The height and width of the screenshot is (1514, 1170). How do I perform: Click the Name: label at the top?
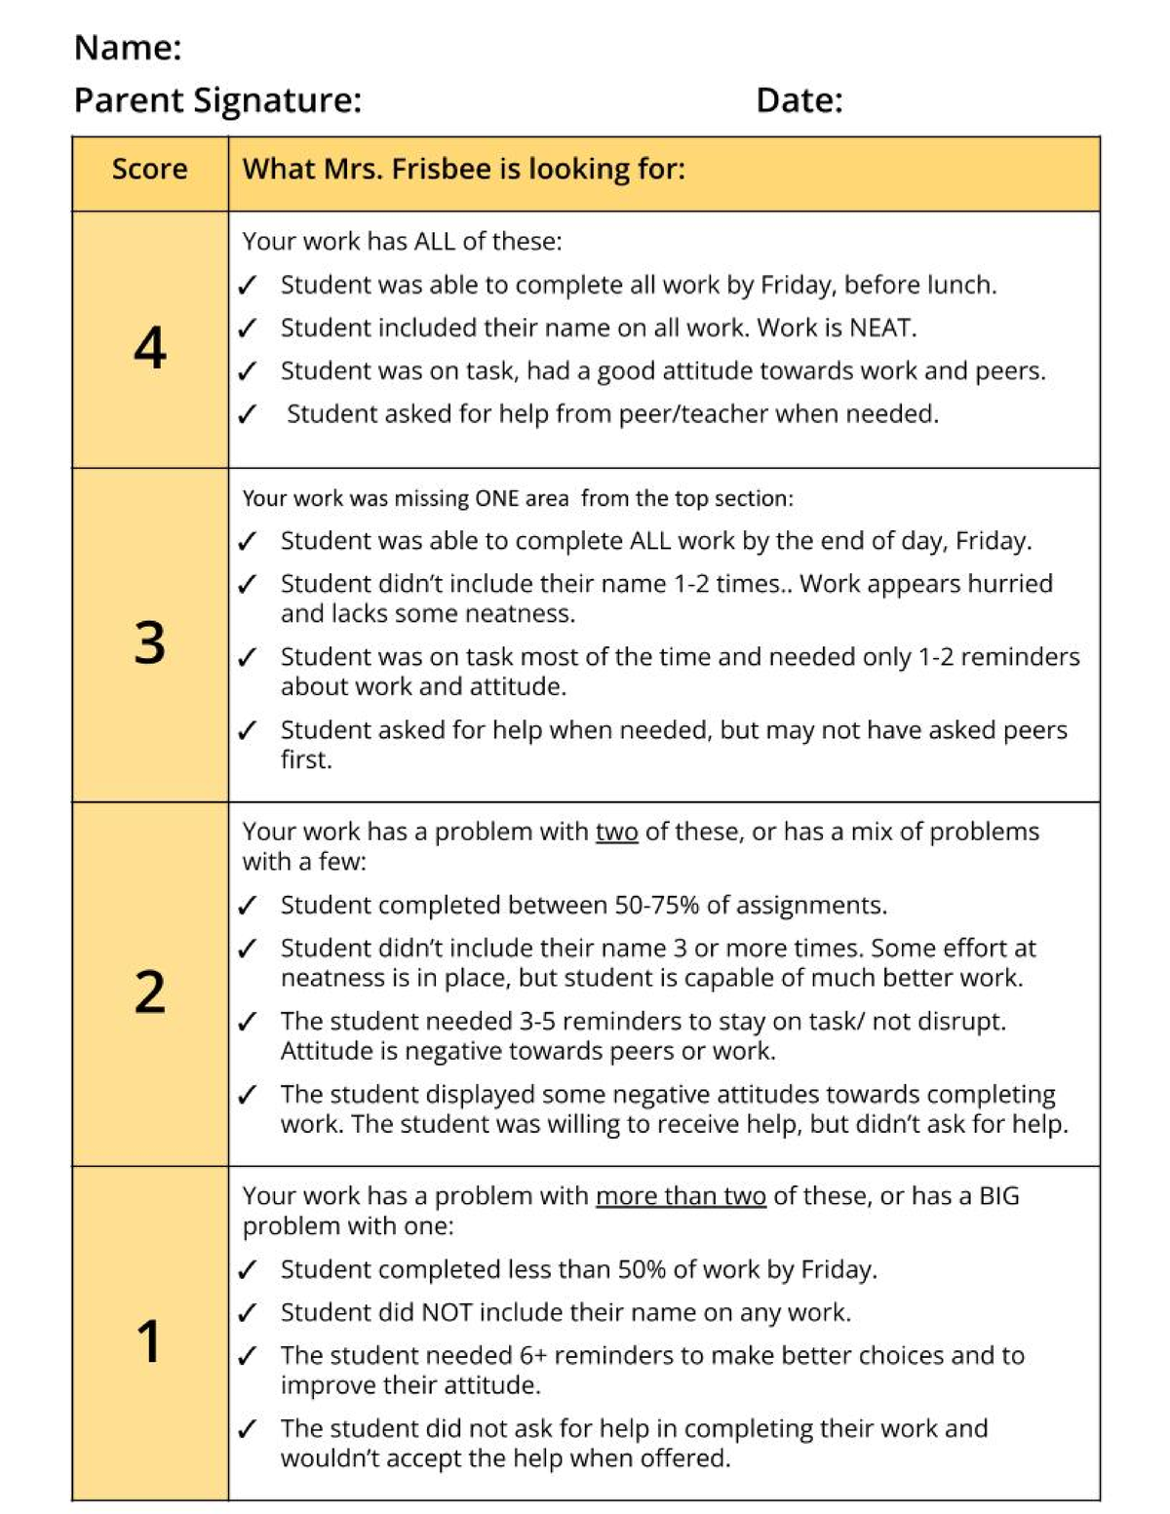tap(128, 48)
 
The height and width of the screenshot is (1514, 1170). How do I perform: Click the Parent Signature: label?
tap(217, 100)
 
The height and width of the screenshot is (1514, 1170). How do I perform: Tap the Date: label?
tap(799, 100)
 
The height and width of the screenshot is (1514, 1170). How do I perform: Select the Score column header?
tap(149, 170)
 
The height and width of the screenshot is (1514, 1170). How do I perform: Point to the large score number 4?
tap(149, 348)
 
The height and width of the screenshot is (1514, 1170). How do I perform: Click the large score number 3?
tap(149, 643)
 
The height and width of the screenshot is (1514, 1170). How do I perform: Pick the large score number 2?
tap(149, 992)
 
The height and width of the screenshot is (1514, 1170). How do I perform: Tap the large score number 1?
tap(149, 1341)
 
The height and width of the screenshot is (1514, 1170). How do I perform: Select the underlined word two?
tap(616, 832)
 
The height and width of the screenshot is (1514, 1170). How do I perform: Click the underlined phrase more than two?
tap(681, 1196)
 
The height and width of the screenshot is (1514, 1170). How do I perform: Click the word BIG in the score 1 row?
tap(998, 1196)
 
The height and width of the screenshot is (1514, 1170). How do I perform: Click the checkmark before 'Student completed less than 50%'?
tap(248, 1270)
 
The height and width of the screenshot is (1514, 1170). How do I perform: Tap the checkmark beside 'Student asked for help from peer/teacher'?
tap(248, 414)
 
